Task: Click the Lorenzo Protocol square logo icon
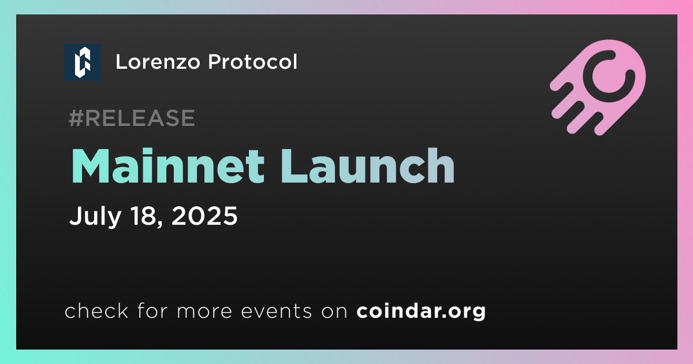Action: [x=83, y=62]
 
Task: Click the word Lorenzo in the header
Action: [x=158, y=62]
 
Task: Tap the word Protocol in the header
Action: [x=252, y=62]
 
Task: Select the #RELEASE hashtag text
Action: [x=132, y=118]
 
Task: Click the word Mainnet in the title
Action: [x=168, y=166]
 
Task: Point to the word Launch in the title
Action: [x=367, y=166]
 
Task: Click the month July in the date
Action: [x=95, y=216]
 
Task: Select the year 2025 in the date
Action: [x=204, y=216]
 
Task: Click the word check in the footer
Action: [x=96, y=311]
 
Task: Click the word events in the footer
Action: [x=277, y=311]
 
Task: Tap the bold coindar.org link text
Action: [x=421, y=311]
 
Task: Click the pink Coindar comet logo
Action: [x=598, y=87]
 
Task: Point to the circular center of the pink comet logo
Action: [x=609, y=76]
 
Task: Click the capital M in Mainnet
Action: [x=90, y=166]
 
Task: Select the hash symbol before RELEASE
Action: [x=76, y=118]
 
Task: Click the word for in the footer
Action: [x=152, y=311]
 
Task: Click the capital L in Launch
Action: [x=294, y=166]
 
